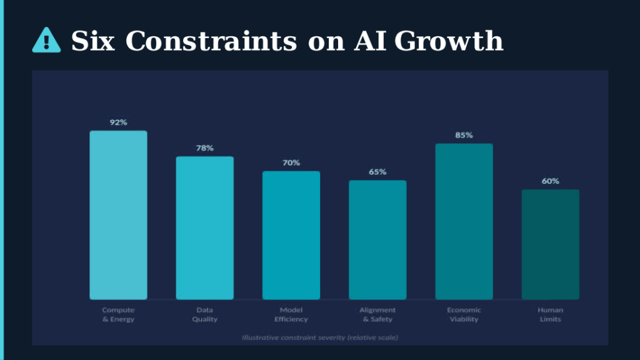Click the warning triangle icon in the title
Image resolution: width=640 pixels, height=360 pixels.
click(x=46, y=41)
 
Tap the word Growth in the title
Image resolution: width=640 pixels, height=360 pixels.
click(x=448, y=41)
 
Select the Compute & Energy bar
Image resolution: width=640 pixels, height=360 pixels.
click(x=118, y=215)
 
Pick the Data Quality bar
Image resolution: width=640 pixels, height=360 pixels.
click(x=204, y=228)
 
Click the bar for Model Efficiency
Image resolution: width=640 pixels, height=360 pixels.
click(x=291, y=235)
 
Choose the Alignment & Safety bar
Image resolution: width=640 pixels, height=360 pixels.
click(x=377, y=240)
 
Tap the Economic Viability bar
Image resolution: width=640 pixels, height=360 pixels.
click(x=464, y=221)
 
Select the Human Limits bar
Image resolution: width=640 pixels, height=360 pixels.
click(x=550, y=244)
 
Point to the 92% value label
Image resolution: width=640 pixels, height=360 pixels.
click(x=118, y=122)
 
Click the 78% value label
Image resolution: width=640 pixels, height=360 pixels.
click(x=204, y=148)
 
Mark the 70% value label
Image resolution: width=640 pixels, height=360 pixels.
click(x=291, y=162)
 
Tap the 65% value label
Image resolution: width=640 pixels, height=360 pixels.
click(x=377, y=172)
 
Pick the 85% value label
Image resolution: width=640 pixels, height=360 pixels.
click(x=464, y=135)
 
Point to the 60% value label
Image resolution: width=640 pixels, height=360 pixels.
click(x=550, y=181)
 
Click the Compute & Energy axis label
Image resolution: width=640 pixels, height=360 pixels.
click(x=118, y=314)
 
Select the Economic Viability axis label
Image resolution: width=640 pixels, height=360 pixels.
click(x=464, y=314)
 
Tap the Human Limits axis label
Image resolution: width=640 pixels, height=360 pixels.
click(x=550, y=314)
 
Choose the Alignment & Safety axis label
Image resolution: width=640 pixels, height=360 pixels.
click(x=377, y=314)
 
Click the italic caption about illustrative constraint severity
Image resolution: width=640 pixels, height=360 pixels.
click(x=320, y=337)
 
